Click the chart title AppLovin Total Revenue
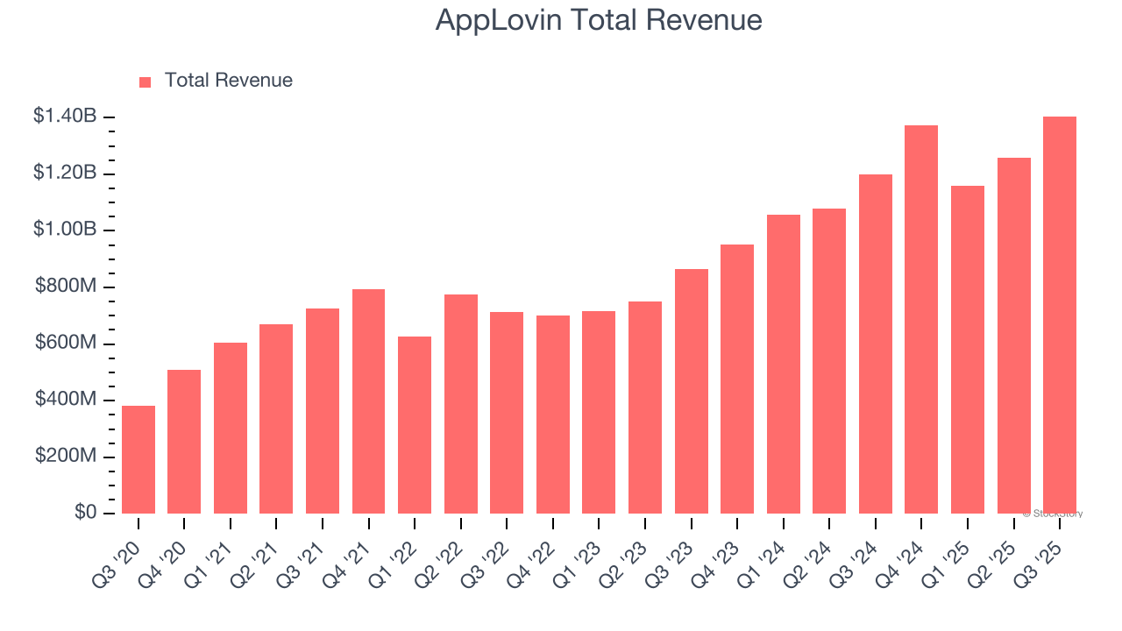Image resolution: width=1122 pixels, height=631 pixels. click(x=599, y=20)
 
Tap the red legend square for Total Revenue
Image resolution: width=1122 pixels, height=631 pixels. click(x=146, y=82)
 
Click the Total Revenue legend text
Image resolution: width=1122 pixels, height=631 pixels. click(x=228, y=81)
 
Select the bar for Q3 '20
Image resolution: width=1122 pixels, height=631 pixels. click(x=138, y=460)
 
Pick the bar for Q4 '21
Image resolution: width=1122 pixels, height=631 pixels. click(x=368, y=401)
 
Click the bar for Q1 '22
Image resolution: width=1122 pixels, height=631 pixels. click(x=415, y=425)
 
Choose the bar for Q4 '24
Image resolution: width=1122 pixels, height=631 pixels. click(x=921, y=320)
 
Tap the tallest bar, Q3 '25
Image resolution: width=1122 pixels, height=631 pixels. click(x=1060, y=315)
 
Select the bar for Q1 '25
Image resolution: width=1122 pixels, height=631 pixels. click(x=968, y=350)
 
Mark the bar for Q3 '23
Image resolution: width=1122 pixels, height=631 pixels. click(x=692, y=392)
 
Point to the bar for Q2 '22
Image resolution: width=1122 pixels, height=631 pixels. click(x=461, y=404)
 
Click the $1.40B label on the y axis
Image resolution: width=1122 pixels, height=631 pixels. click(x=65, y=116)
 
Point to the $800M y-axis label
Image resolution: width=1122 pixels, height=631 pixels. click(x=66, y=286)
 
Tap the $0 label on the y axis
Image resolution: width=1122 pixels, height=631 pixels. click(x=85, y=512)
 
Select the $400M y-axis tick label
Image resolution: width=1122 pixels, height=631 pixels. click(x=66, y=399)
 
